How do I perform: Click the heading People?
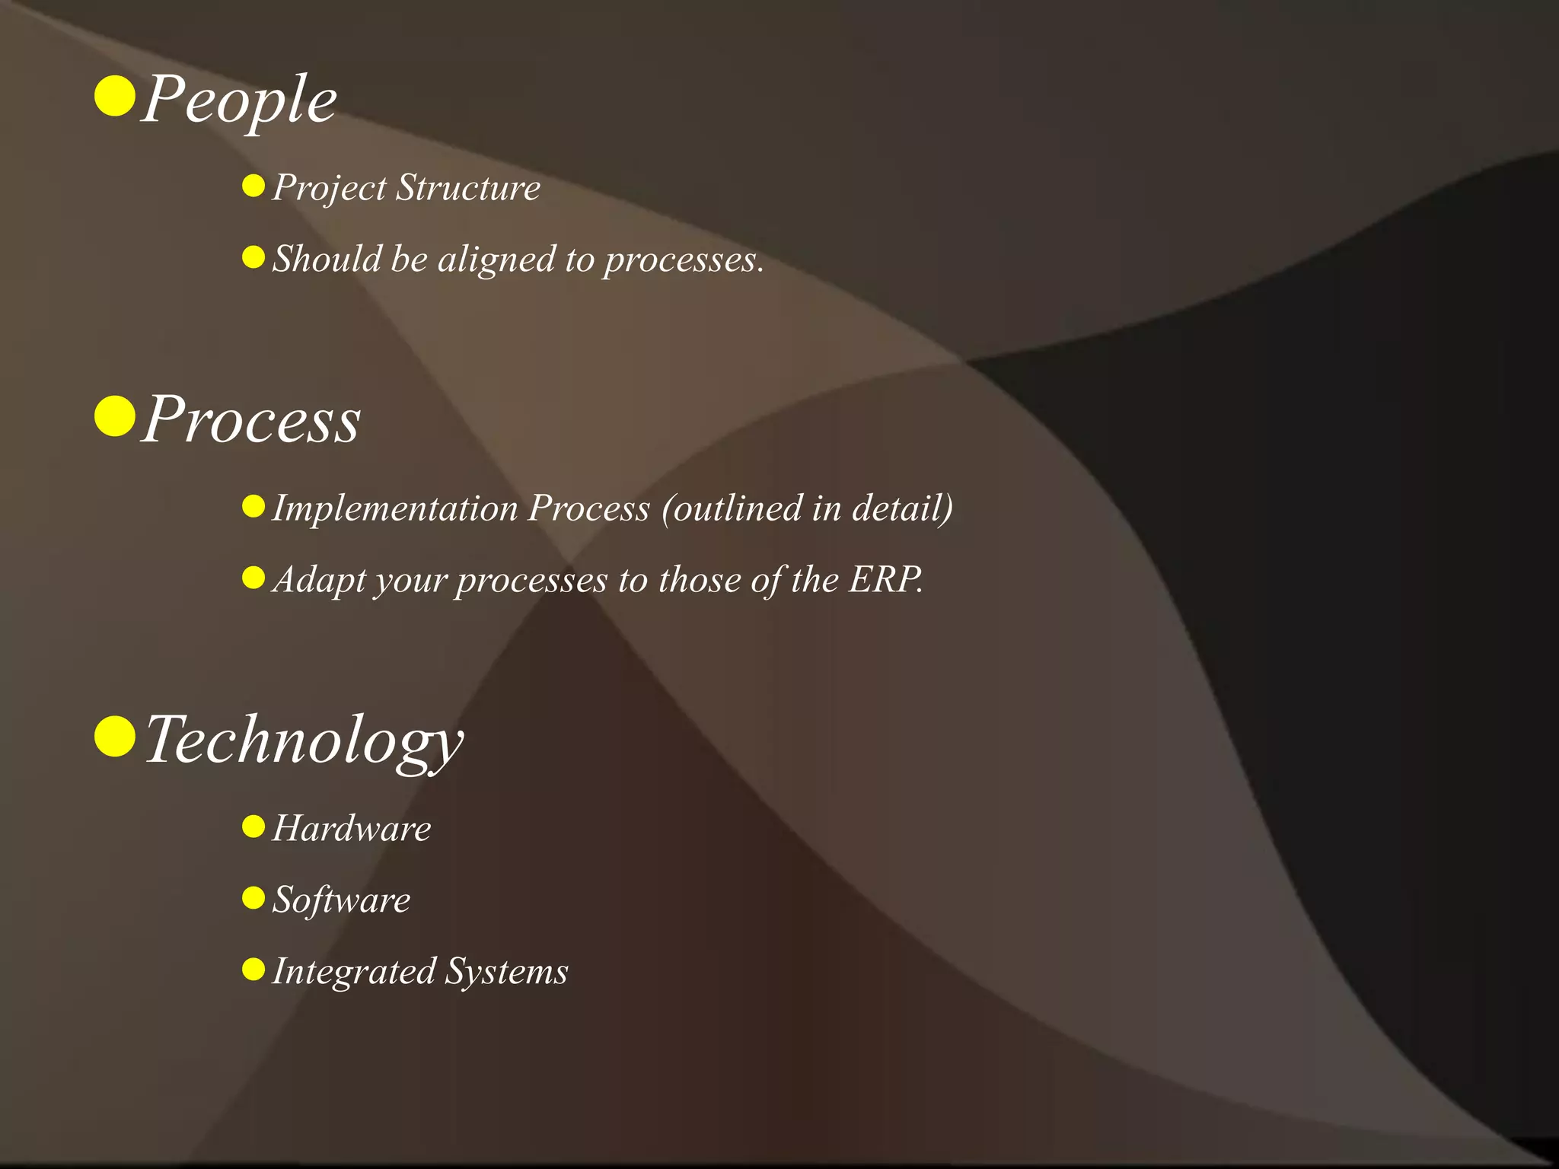tap(239, 100)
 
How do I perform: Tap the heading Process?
tap(251, 420)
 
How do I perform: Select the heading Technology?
tap(303, 741)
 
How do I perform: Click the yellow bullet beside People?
tap(115, 96)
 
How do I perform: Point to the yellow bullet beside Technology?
tap(115, 737)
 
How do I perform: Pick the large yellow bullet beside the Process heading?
tap(115, 416)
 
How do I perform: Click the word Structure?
tap(468, 187)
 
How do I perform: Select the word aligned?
tap(496, 260)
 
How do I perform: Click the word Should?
tap(327, 259)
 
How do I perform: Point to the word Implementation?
tap(395, 508)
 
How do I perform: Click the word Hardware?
tap(352, 829)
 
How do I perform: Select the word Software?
tap(341, 900)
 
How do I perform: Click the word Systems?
tap(506, 972)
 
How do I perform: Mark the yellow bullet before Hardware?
tap(253, 827)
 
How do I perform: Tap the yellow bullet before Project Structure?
tap(253, 186)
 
